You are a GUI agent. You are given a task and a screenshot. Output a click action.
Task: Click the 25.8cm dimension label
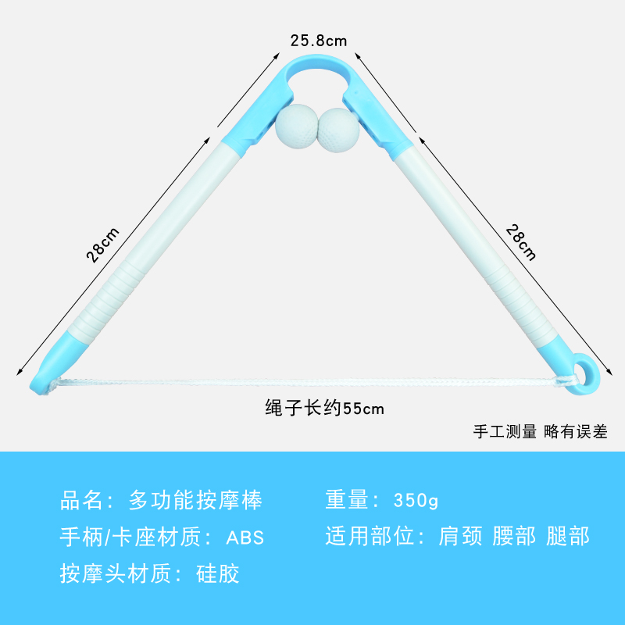click(318, 39)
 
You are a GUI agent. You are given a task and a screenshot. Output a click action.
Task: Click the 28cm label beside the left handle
click(104, 245)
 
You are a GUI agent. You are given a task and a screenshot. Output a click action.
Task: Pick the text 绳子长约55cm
click(324, 408)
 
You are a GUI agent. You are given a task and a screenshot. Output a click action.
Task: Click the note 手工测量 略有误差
click(540, 430)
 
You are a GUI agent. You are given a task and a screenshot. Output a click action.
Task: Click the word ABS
click(245, 537)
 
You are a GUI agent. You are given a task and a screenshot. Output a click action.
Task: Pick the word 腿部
click(567, 537)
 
